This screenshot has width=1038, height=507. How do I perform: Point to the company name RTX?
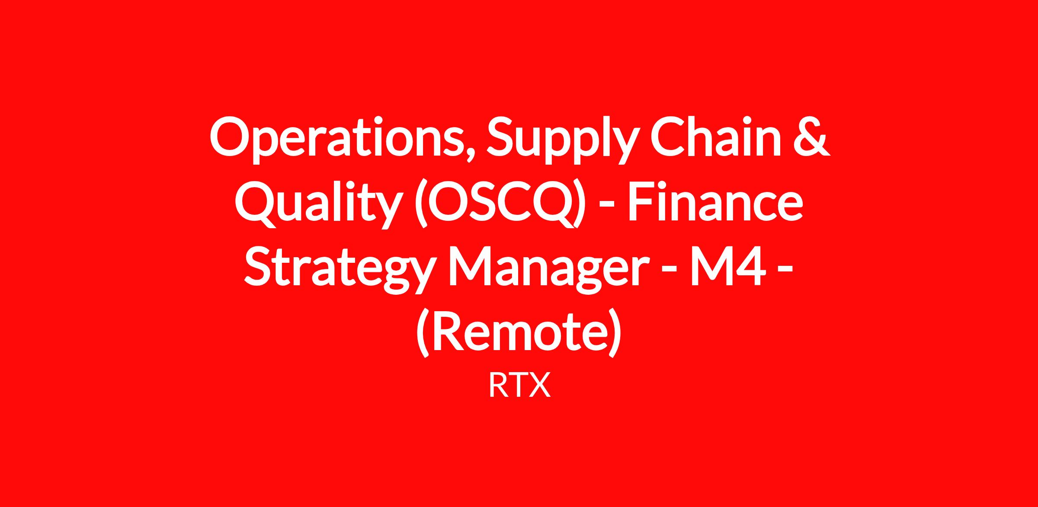[519, 386]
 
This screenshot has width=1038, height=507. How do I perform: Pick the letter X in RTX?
[540, 386]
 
